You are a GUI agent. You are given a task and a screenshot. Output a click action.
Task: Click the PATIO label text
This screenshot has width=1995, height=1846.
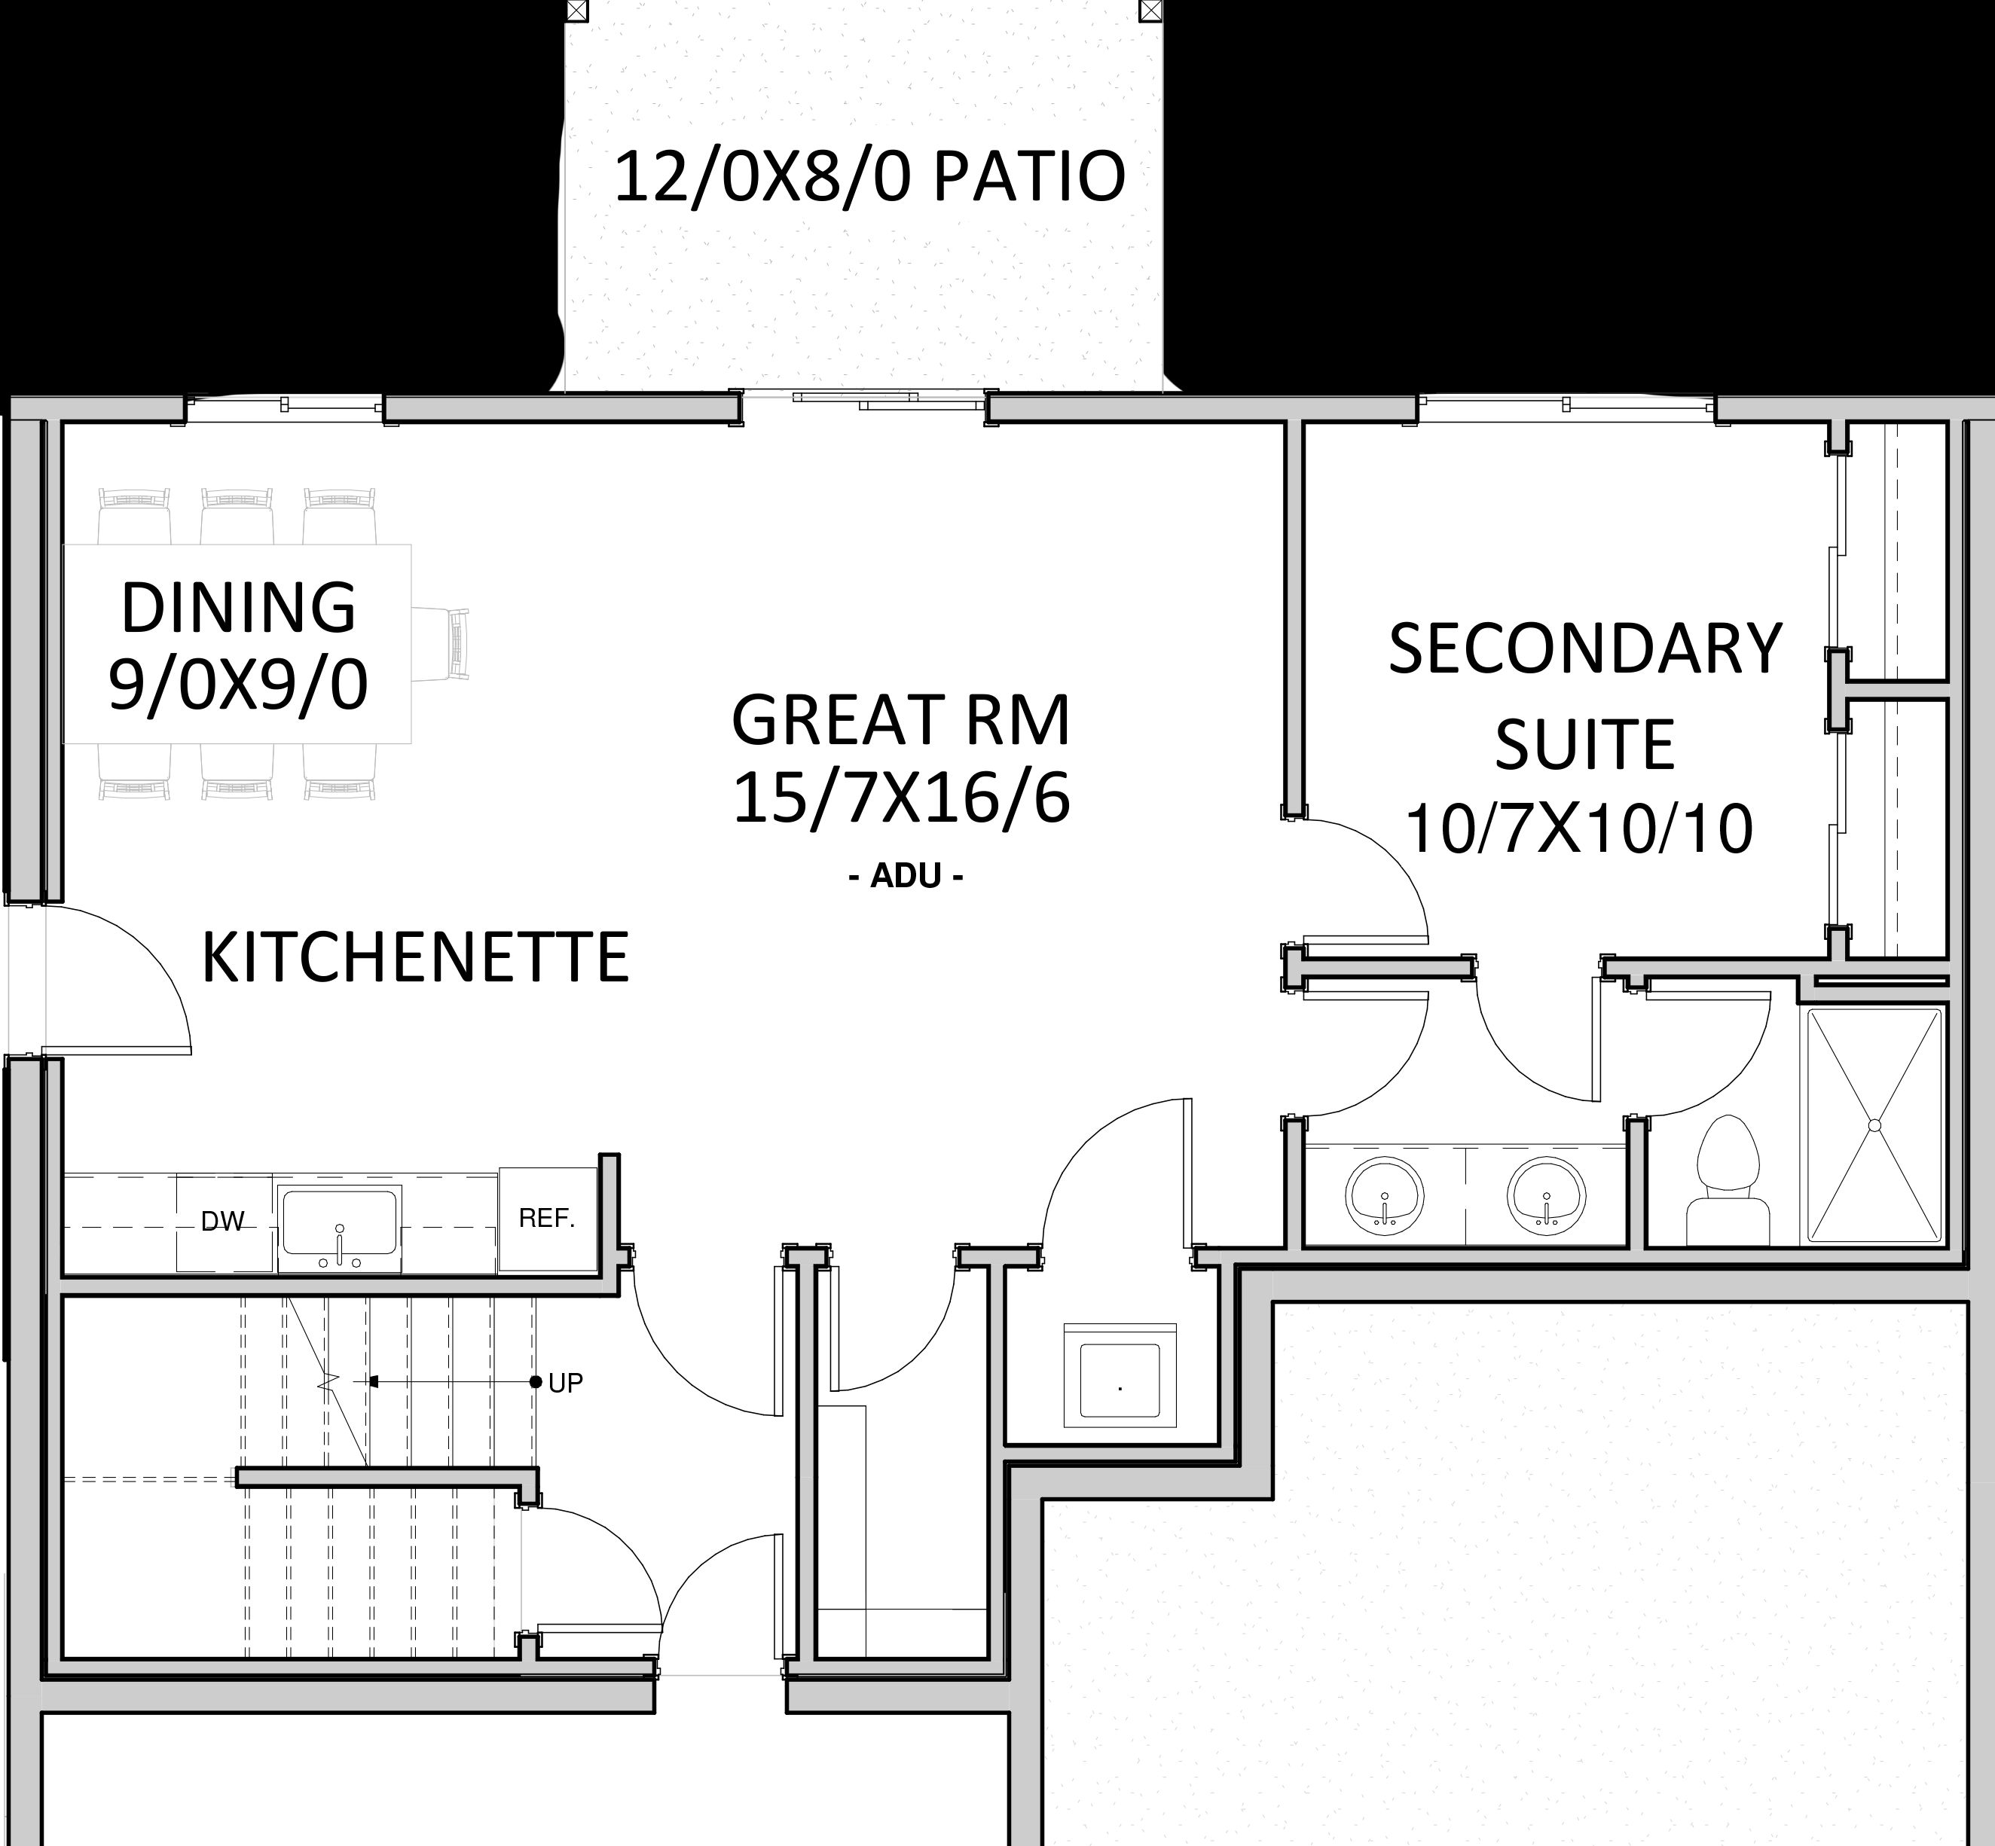(869, 177)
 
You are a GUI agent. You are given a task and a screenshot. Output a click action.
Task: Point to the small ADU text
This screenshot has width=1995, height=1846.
(905, 876)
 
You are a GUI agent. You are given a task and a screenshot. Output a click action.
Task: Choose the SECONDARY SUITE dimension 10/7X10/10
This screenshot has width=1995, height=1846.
(1579, 829)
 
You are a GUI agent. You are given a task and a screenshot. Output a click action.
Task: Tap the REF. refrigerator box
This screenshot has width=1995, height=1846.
(548, 1219)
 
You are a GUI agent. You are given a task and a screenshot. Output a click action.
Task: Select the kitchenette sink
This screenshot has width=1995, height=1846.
(340, 1228)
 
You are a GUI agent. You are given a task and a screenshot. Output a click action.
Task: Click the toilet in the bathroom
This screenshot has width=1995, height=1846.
(1728, 1181)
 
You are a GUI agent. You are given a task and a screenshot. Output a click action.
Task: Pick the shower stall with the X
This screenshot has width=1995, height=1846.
(1873, 1126)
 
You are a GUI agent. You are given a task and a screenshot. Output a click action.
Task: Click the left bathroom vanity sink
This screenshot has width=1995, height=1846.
(1385, 1194)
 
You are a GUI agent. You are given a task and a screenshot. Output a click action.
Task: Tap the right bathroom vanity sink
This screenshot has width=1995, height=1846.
(1547, 1194)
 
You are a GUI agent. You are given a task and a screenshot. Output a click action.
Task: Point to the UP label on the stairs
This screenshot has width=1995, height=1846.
(566, 1383)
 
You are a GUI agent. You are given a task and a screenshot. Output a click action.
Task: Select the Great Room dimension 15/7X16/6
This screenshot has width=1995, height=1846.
(901, 799)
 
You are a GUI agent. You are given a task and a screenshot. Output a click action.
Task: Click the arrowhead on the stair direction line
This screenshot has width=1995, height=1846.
(374, 1383)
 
